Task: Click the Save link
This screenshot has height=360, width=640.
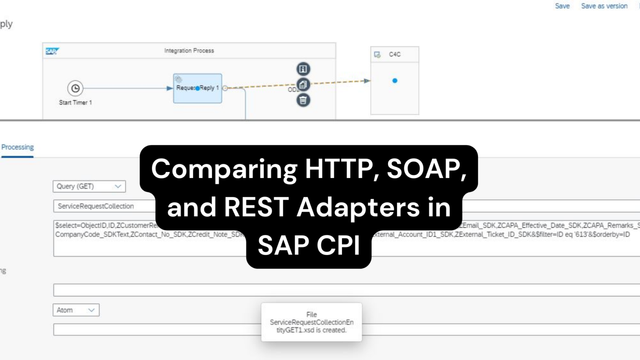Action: [562, 6]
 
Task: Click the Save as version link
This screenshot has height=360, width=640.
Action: [604, 6]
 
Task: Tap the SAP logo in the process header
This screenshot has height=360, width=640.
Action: [52, 51]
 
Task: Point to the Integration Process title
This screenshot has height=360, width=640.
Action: [189, 50]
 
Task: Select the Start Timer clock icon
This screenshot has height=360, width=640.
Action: [75, 88]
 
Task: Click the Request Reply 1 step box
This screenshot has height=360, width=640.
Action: [197, 88]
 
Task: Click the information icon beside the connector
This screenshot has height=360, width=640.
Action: [303, 69]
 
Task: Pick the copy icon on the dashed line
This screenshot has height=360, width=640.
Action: [303, 85]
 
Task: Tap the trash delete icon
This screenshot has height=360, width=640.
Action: [303, 100]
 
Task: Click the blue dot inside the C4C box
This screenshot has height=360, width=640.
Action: [395, 81]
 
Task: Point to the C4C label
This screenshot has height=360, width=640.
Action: [395, 54]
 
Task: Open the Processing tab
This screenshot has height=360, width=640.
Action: [17, 147]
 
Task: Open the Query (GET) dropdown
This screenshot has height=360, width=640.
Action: [89, 186]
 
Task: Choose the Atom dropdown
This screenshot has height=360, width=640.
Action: [76, 310]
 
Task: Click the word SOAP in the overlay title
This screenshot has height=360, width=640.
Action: [426, 169]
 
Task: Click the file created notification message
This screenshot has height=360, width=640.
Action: [311, 322]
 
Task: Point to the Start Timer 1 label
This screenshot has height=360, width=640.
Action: [75, 102]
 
